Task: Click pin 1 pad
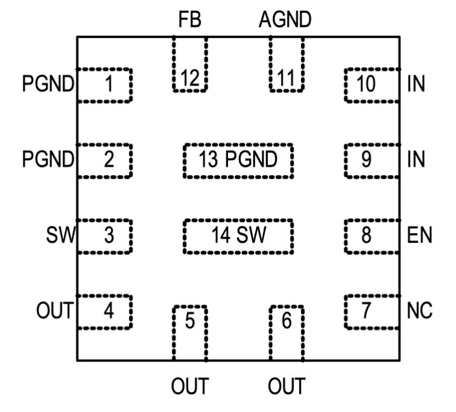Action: coord(105,85)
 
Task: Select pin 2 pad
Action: coord(105,161)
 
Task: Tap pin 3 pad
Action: coord(105,236)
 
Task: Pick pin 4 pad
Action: coord(105,311)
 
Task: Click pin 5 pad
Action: coord(190,333)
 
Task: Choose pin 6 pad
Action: coord(287,333)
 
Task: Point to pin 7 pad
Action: coord(371,311)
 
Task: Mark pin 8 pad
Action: coord(371,236)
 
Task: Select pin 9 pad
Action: coord(371,161)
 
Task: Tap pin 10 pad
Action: coord(371,85)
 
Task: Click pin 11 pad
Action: coord(286,64)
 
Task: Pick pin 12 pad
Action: coord(190,64)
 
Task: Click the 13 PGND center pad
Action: coord(238,161)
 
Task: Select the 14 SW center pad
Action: coord(238,236)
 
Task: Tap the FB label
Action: coord(190,21)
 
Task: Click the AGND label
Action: coord(285,21)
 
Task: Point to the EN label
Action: coord(420,236)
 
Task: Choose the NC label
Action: coord(420,311)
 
